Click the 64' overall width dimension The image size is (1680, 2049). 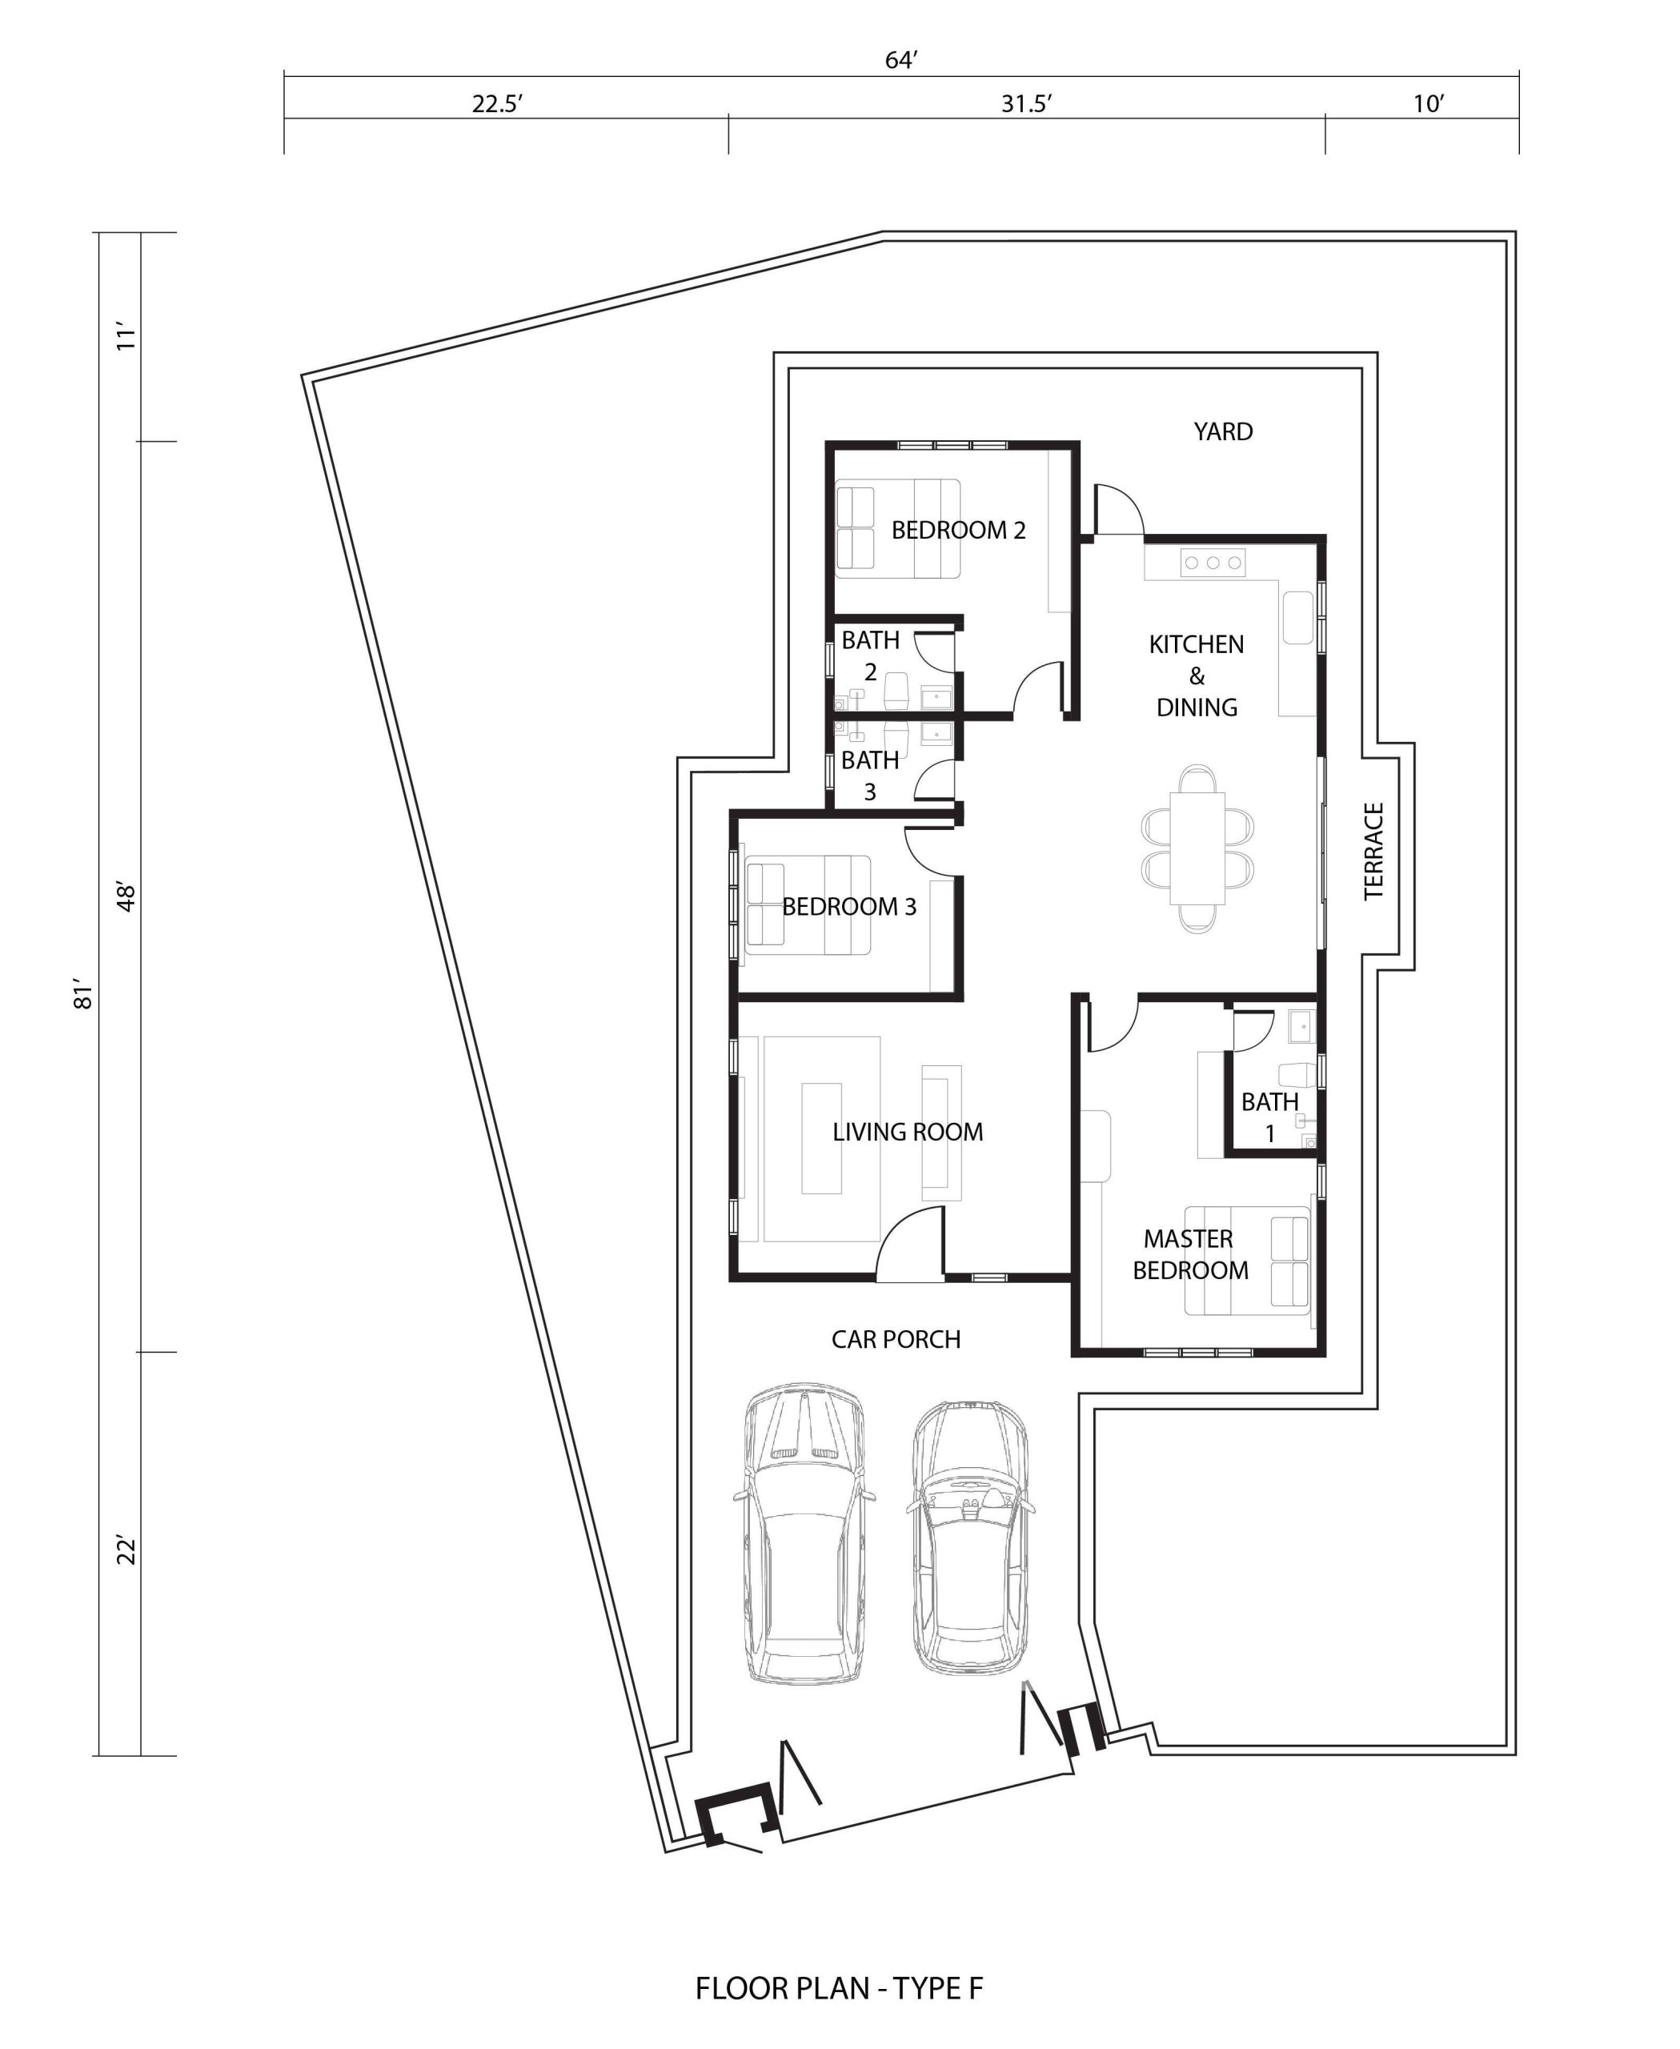900,60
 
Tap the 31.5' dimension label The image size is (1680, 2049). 1026,103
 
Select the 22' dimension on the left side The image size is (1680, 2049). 126,1549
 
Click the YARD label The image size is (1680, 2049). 1222,431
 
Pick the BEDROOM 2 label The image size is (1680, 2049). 958,531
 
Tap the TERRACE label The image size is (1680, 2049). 1373,851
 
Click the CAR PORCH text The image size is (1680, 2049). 896,1340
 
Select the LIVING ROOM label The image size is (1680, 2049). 908,1132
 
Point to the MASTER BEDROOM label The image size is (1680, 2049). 1190,1254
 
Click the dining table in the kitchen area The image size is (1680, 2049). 1197,848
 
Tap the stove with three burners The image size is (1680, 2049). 1213,563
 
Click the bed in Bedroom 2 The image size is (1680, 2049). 898,528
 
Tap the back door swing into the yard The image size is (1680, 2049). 1119,509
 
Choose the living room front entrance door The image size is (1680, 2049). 910,1243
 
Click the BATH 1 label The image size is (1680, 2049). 1269,1117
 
